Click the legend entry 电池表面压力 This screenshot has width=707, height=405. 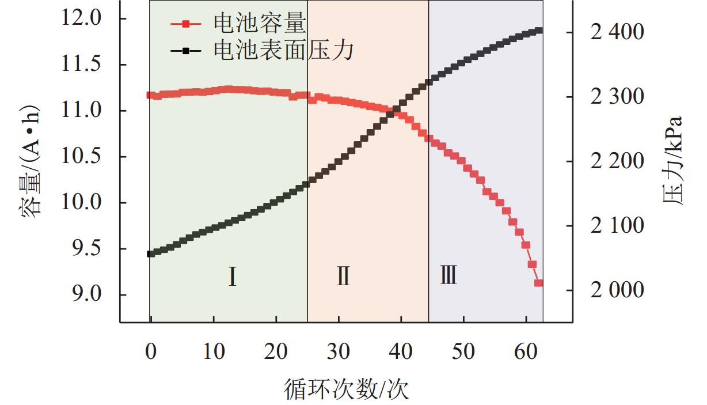point(283,51)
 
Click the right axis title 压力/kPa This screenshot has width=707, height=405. point(672,161)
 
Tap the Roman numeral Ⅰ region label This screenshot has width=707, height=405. point(231,277)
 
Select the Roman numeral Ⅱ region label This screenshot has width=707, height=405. point(343,277)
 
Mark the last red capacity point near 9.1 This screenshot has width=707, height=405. point(539,283)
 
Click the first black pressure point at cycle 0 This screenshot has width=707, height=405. point(151,253)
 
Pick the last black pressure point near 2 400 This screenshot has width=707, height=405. point(539,31)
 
